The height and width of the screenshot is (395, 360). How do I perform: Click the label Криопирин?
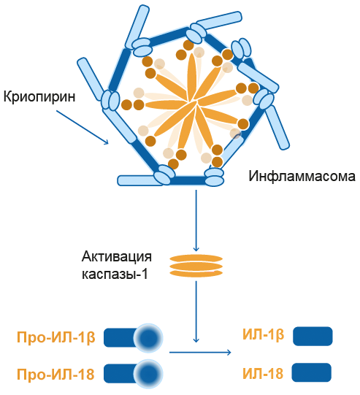coord(39,96)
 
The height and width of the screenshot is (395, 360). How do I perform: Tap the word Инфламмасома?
coord(302,176)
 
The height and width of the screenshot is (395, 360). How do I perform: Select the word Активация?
coord(117,257)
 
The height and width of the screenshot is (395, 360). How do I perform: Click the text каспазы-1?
coord(115,274)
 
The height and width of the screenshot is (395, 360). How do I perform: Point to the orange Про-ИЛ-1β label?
coord(56,337)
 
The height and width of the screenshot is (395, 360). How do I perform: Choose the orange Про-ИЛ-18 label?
coord(55,374)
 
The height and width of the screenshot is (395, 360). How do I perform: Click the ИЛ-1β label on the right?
coord(264,335)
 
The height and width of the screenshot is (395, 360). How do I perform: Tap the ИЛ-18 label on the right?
coord(263,373)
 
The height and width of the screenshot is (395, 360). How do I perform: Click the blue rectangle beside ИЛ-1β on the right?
coord(313,336)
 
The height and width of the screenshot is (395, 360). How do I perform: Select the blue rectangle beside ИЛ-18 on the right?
coord(312,372)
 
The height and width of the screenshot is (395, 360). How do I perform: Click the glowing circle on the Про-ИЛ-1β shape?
coord(148,337)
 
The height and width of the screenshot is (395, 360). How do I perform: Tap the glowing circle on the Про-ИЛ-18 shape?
coord(148,374)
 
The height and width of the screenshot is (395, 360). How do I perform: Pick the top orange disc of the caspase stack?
coord(196,258)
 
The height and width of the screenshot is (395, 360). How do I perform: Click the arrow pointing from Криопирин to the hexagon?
coord(83,127)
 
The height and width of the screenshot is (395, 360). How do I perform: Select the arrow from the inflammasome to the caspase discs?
coord(196,220)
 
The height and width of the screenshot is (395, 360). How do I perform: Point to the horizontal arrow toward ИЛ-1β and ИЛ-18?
coord(200,352)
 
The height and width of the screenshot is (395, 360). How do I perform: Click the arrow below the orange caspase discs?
coord(196,312)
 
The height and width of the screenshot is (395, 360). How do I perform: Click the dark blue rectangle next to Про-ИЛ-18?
coord(121,374)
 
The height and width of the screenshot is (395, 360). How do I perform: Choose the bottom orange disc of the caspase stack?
coord(196,273)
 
